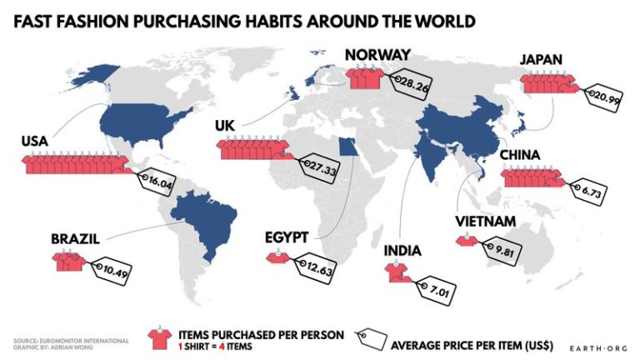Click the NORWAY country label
tap(376, 56)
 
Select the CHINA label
tap(520, 155)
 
